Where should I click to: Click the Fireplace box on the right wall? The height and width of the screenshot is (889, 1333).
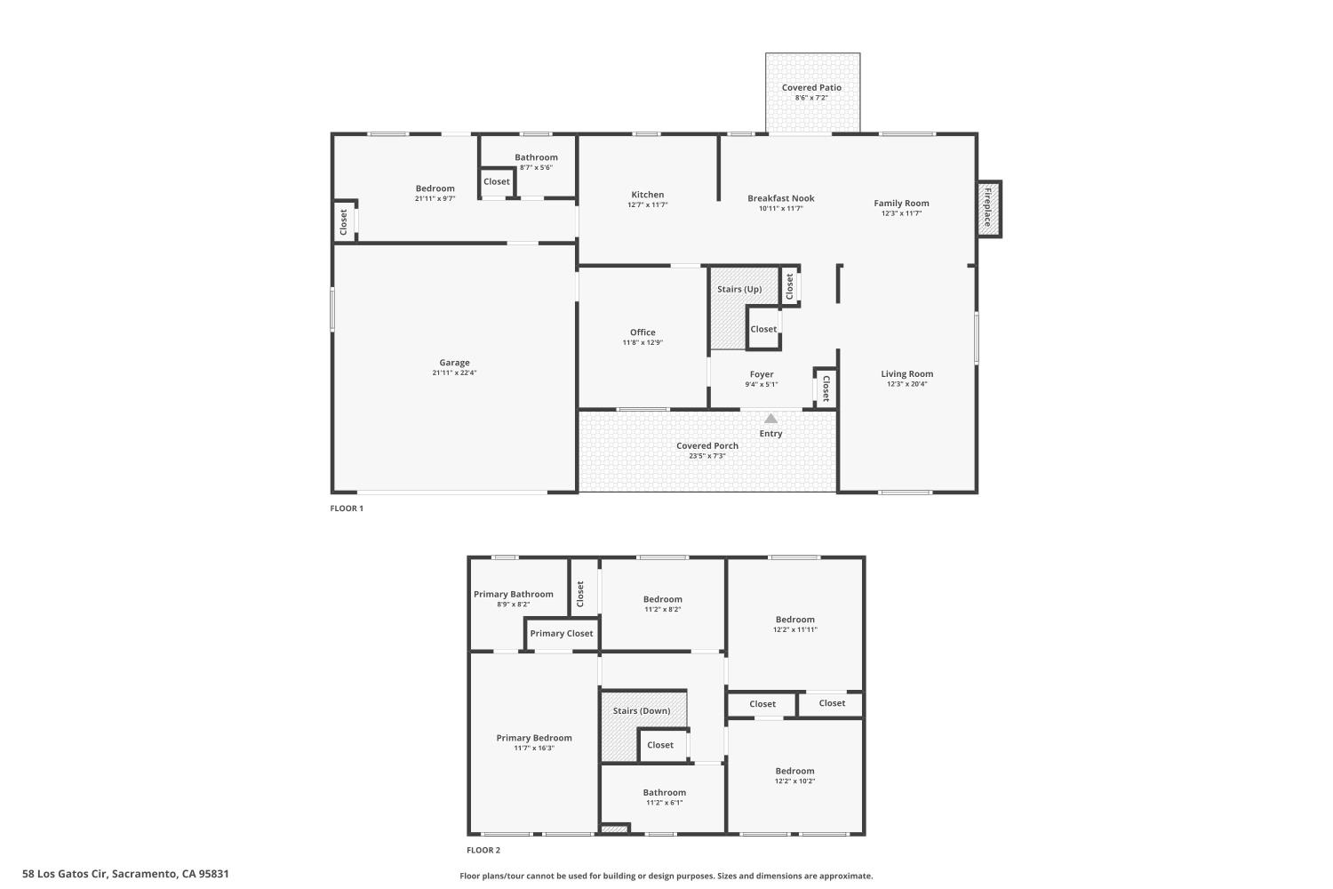coord(988,209)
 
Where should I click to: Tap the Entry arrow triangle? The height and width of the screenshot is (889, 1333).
coord(770,419)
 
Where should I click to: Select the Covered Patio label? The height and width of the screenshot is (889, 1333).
coord(811,88)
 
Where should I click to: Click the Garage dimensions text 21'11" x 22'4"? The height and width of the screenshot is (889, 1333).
coord(454,373)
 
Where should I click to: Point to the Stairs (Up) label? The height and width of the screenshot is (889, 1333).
coord(739,289)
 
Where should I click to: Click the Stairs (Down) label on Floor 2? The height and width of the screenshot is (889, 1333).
coord(642,711)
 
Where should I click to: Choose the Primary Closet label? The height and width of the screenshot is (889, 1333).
coord(561,634)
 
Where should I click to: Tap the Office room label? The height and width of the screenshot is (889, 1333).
coord(643,332)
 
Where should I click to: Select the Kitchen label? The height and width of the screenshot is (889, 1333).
coord(647,195)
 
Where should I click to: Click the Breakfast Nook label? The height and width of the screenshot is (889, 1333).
coord(780,198)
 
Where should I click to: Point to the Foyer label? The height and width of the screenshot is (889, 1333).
coord(762,374)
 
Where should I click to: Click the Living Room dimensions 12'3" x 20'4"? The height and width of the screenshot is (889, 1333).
coord(906,384)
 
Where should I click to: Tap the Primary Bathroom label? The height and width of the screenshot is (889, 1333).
coord(513,595)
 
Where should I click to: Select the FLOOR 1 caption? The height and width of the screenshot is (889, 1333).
coord(347,509)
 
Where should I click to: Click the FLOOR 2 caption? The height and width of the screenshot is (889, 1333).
coord(483,850)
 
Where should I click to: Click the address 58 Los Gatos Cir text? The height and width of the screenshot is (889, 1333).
coord(125,874)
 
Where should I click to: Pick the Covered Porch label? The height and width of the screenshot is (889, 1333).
coord(706,446)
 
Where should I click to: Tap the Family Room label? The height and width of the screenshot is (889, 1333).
coord(901,204)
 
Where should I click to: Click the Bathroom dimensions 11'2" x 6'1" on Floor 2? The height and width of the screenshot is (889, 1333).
coord(664,803)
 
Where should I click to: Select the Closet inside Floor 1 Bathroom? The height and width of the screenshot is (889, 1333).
coord(497,181)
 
